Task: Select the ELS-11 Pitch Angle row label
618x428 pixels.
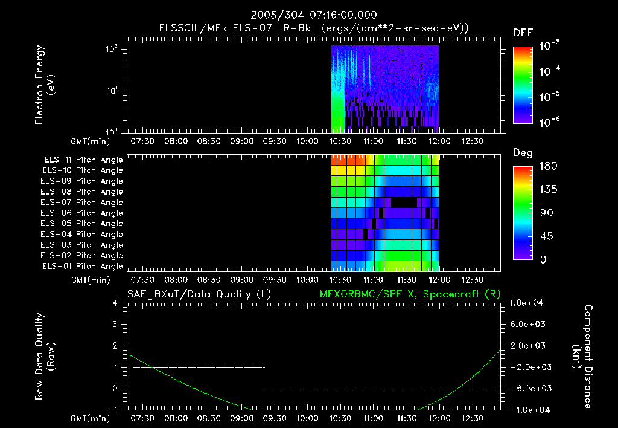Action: click(83, 160)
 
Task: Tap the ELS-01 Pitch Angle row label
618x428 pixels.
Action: click(83, 266)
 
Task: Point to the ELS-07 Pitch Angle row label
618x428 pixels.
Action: click(83, 203)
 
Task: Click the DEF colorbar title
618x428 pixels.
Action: click(523, 33)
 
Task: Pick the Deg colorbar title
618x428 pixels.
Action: click(523, 153)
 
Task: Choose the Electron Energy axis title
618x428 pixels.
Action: click(46, 85)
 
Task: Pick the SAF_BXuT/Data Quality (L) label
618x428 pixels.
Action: click(199, 294)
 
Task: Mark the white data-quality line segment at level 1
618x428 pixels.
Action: click(199, 367)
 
